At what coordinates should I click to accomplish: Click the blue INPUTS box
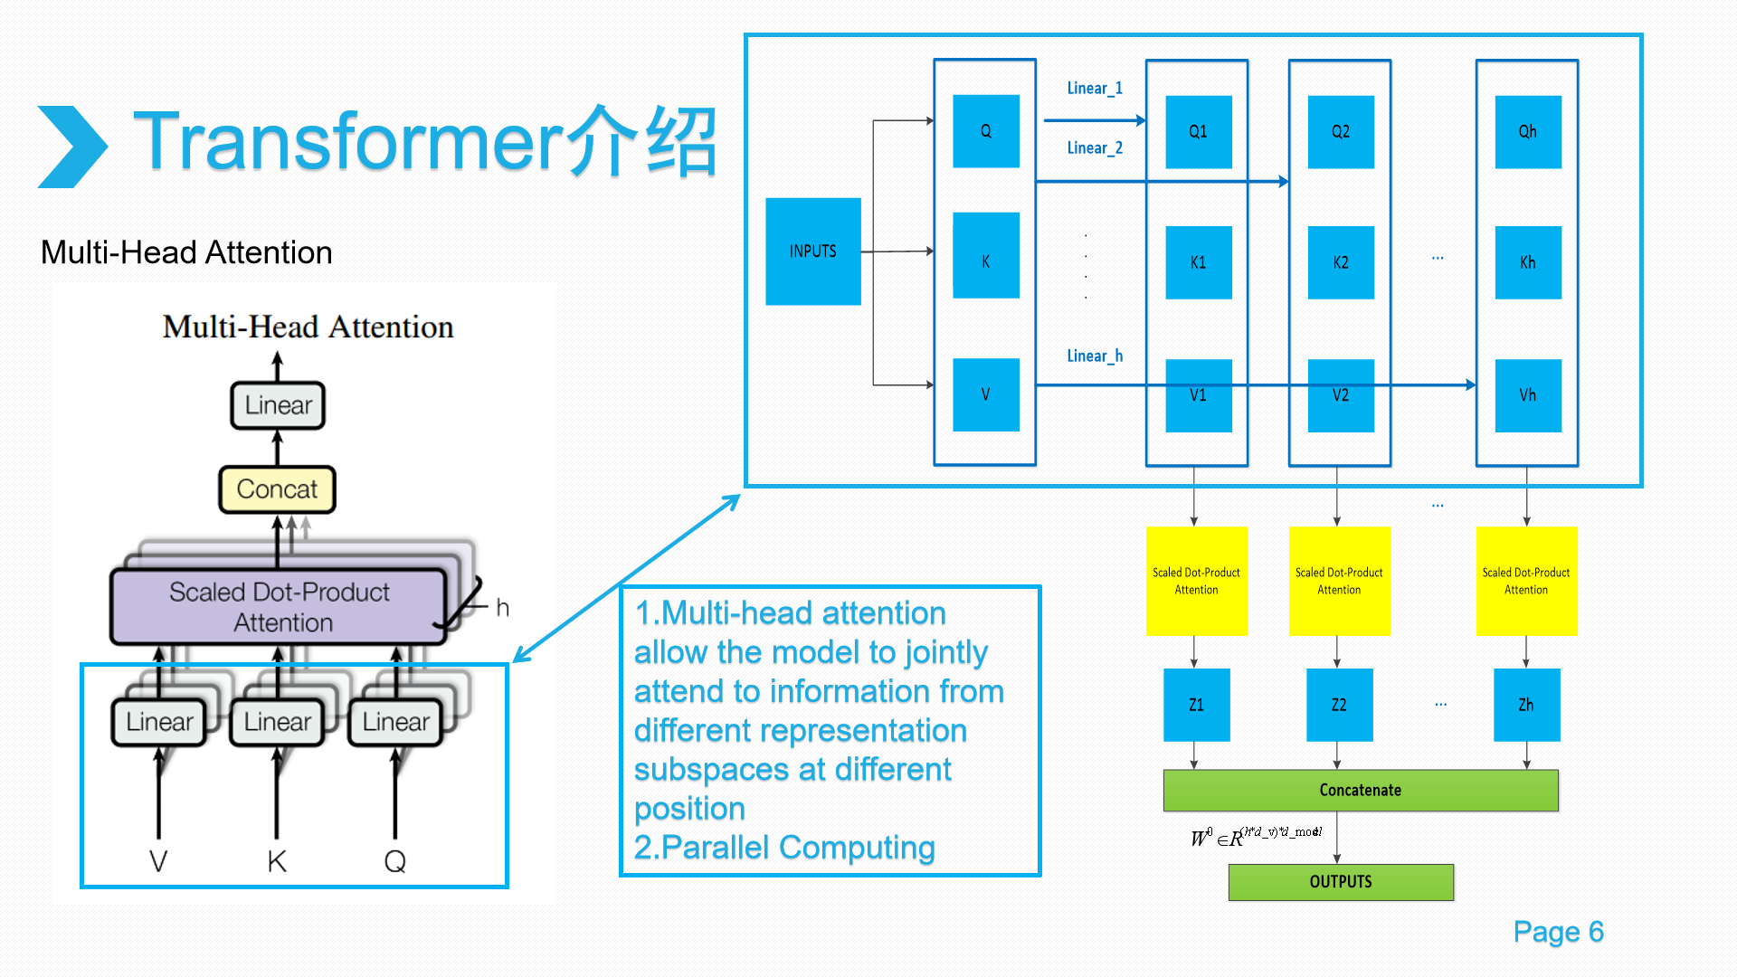pyautogui.click(x=812, y=251)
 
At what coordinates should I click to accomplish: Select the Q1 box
pyautogui.click(x=1198, y=132)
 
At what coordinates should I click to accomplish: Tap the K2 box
pyautogui.click(x=1340, y=262)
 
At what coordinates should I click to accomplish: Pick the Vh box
pyautogui.click(x=1527, y=395)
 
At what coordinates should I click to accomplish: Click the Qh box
pyautogui.click(x=1527, y=132)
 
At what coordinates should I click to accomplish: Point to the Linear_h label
pyautogui.click(x=1094, y=356)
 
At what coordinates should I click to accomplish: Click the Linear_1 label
pyautogui.click(x=1094, y=89)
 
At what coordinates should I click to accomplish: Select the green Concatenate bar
pyautogui.click(x=1360, y=790)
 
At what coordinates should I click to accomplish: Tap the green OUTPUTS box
pyautogui.click(x=1340, y=882)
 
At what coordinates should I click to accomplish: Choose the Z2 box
pyautogui.click(x=1339, y=705)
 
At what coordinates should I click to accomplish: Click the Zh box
pyautogui.click(x=1526, y=705)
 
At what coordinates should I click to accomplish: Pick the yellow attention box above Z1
pyautogui.click(x=1196, y=581)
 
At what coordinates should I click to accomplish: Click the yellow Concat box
pyautogui.click(x=277, y=489)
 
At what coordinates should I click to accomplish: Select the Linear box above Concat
pyautogui.click(x=278, y=405)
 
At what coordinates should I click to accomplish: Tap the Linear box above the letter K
pyautogui.click(x=277, y=722)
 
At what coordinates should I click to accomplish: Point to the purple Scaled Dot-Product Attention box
pyautogui.click(x=279, y=606)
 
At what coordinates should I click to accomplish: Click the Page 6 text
pyautogui.click(x=1558, y=932)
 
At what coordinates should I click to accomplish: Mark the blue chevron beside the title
pyautogui.click(x=72, y=147)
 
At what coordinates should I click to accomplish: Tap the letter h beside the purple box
pyautogui.click(x=503, y=608)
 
